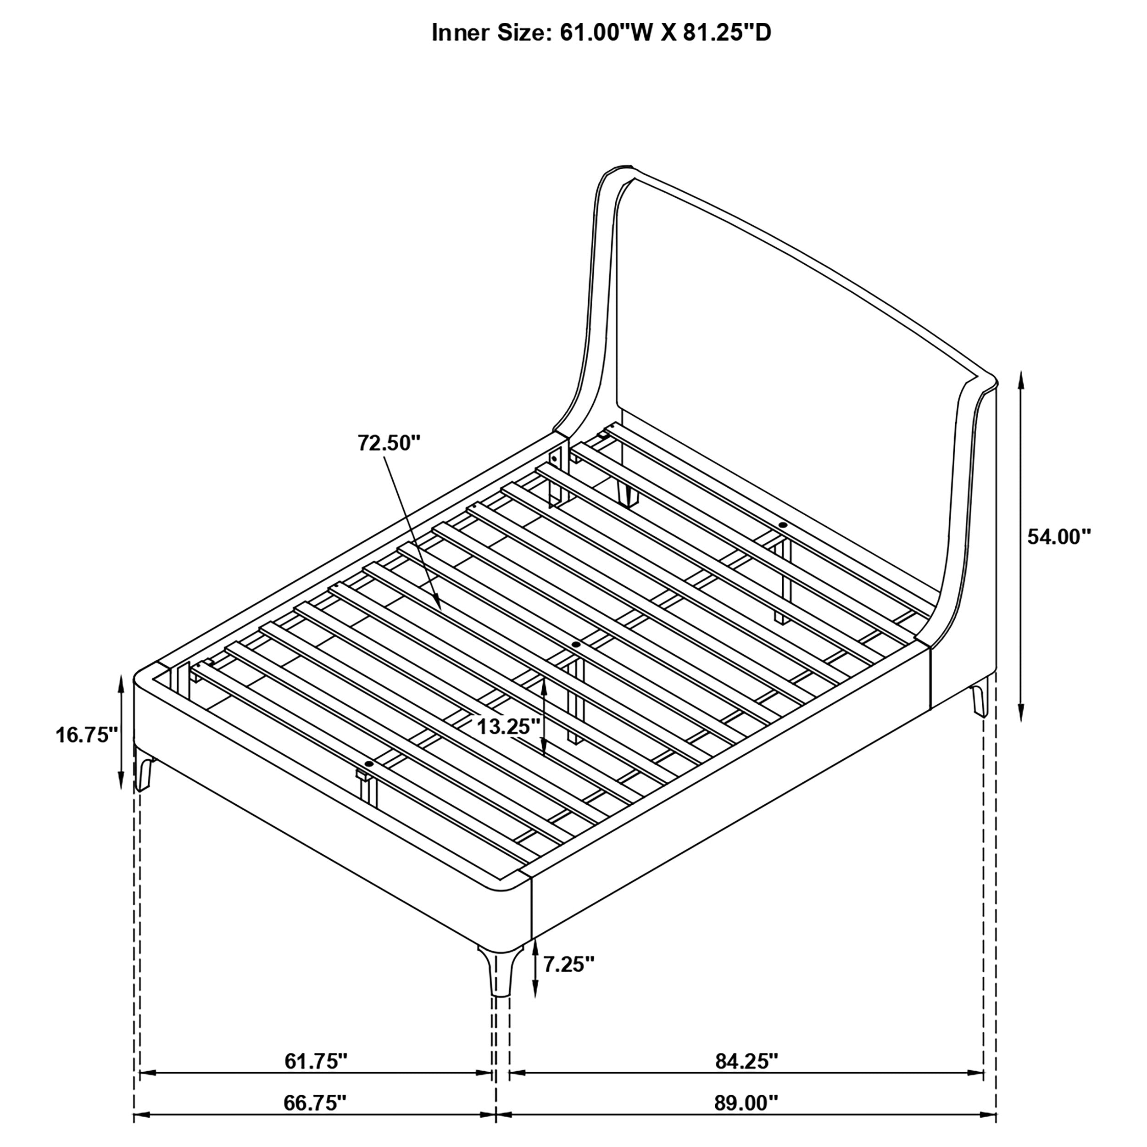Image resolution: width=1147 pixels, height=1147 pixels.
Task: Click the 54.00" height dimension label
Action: pos(1059,537)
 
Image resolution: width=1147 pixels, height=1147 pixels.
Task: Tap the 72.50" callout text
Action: pos(389,442)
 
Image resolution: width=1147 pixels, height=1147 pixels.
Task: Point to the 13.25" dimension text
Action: pos(509,726)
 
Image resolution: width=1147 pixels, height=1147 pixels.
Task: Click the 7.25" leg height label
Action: pos(569,980)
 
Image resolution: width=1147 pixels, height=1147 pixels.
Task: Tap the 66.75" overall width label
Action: pos(315,1103)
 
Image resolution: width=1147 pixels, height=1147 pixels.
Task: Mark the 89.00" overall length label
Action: pos(746,1103)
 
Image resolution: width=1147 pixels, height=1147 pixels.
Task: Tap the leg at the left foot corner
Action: pos(143,769)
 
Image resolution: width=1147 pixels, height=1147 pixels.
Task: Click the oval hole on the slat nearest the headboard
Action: pos(782,525)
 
